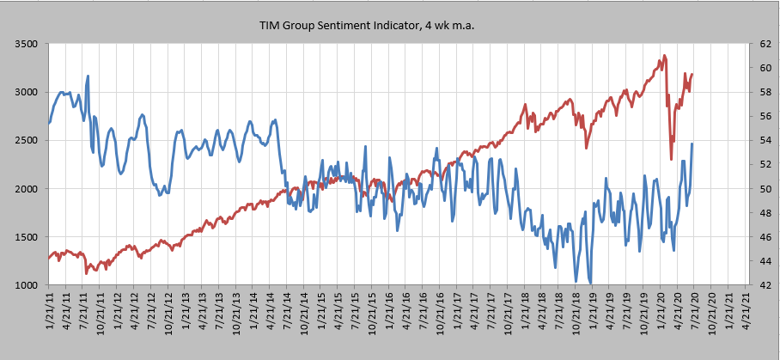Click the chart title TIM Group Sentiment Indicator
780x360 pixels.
(x=368, y=26)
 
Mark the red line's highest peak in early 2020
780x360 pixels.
(x=664, y=57)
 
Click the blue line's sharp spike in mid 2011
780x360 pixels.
(x=88, y=76)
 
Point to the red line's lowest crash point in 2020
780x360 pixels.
(x=672, y=159)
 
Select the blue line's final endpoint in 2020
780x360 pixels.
(x=692, y=143)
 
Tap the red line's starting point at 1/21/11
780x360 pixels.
(x=49, y=258)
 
